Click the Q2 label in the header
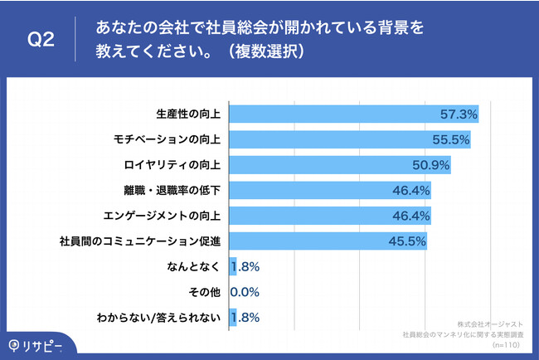click(41, 39)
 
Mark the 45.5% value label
click(407, 241)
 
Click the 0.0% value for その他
click(245, 292)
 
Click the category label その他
click(203, 292)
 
